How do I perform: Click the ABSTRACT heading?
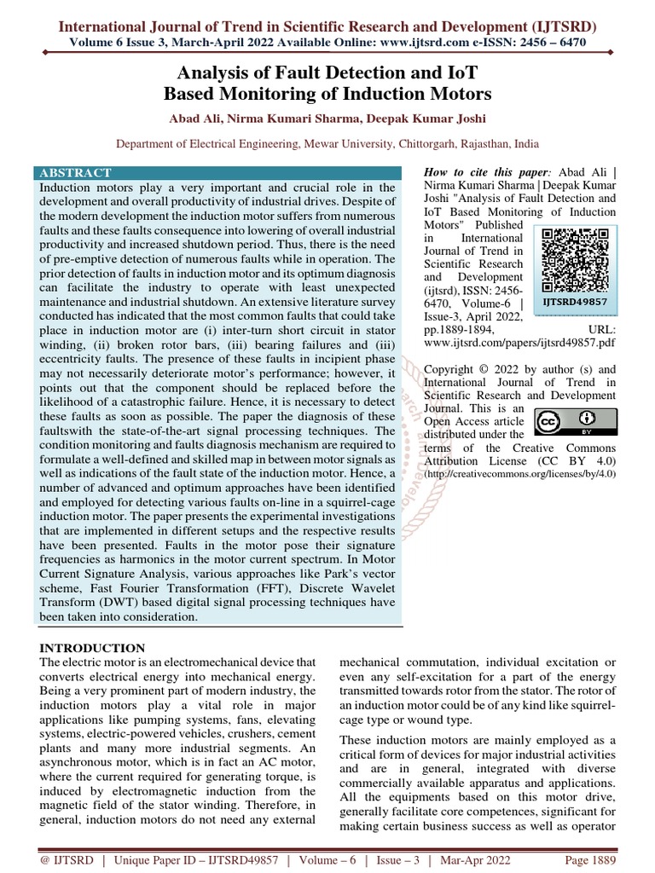75,172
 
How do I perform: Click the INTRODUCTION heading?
93,648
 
